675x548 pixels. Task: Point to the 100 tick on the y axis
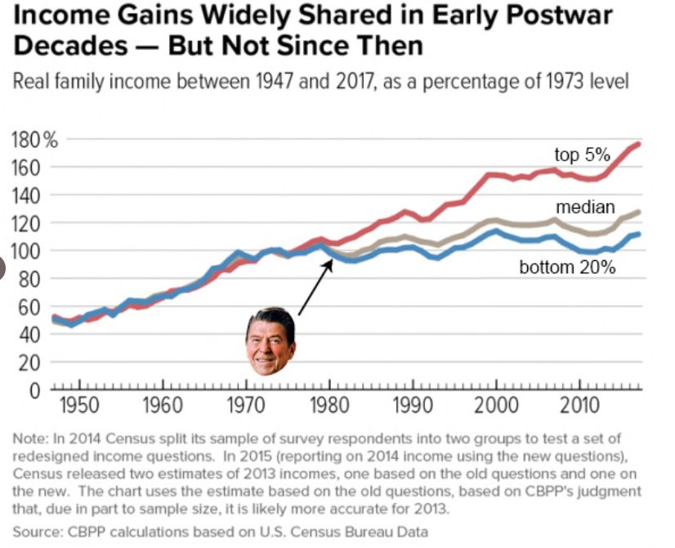[29, 251]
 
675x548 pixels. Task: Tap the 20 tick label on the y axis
[29, 362]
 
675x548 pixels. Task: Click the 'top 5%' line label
[583, 155]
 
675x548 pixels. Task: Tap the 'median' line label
[585, 206]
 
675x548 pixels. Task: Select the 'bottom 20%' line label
[567, 267]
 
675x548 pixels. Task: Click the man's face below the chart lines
[270, 342]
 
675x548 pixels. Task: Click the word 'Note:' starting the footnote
[30, 439]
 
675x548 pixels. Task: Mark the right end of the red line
[639, 144]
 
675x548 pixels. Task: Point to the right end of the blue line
[639, 234]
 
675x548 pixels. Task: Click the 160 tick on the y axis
[29, 168]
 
